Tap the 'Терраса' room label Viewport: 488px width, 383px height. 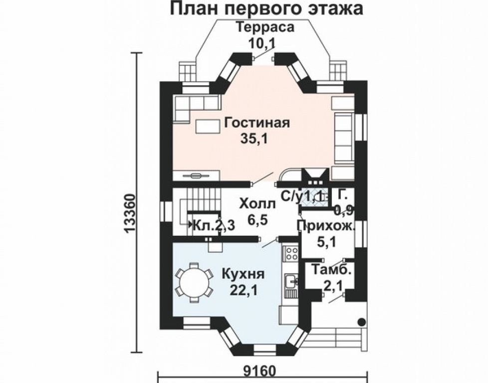tap(265, 27)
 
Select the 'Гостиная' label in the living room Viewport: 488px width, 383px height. tap(257, 123)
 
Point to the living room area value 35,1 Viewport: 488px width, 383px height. tap(254, 139)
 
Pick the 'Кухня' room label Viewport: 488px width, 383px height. tap(244, 274)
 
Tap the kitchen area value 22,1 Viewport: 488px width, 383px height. tap(243, 290)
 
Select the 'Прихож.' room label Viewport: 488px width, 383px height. tap(326, 227)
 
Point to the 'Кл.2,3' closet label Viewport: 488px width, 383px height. tap(212, 225)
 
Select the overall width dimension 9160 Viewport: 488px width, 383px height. tap(260, 373)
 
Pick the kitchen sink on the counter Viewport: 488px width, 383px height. tap(290, 282)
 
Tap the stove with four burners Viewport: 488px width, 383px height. tap(290, 253)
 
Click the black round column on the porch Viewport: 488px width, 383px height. tap(362, 322)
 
